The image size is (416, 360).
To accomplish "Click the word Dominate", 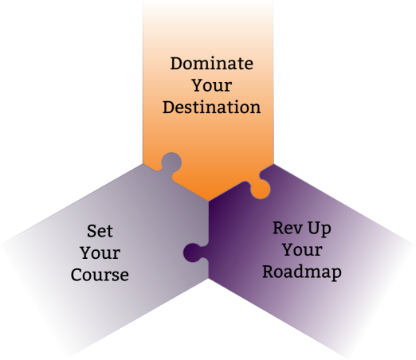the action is pyautogui.click(x=212, y=64).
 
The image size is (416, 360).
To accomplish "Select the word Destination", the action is pyautogui.click(x=212, y=108).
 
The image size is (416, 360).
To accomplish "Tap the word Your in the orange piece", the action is pyautogui.click(x=212, y=85).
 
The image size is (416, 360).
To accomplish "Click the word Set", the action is pyautogui.click(x=100, y=231).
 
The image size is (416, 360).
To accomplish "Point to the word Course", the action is pyautogui.click(x=100, y=275).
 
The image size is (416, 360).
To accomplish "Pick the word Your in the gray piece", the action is pyautogui.click(x=100, y=252).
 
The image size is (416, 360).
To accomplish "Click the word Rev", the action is pyautogui.click(x=287, y=228).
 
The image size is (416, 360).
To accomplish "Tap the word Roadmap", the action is pyautogui.click(x=302, y=272).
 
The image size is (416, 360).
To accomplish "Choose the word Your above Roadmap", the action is pyautogui.click(x=302, y=250).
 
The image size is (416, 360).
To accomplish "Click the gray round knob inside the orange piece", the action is pyautogui.click(x=171, y=162).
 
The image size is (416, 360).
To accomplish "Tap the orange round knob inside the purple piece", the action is pyautogui.click(x=261, y=190).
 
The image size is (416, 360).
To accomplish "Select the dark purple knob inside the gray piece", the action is pyautogui.click(x=193, y=252).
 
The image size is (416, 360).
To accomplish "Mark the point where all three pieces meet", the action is pyautogui.click(x=209, y=202).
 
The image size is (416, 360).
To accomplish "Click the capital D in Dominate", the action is pyautogui.click(x=177, y=64).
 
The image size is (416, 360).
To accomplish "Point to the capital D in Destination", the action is pyautogui.click(x=169, y=108).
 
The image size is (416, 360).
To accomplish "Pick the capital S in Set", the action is pyautogui.click(x=92, y=231).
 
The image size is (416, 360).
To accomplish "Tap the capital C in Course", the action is pyautogui.click(x=77, y=275).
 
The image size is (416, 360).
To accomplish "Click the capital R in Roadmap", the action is pyautogui.click(x=269, y=272).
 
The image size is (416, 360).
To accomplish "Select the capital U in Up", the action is pyautogui.click(x=314, y=228).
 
